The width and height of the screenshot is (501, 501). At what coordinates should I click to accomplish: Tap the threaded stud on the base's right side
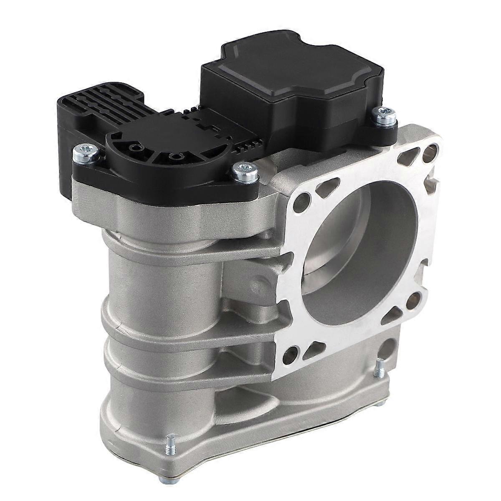click(x=380, y=367)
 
